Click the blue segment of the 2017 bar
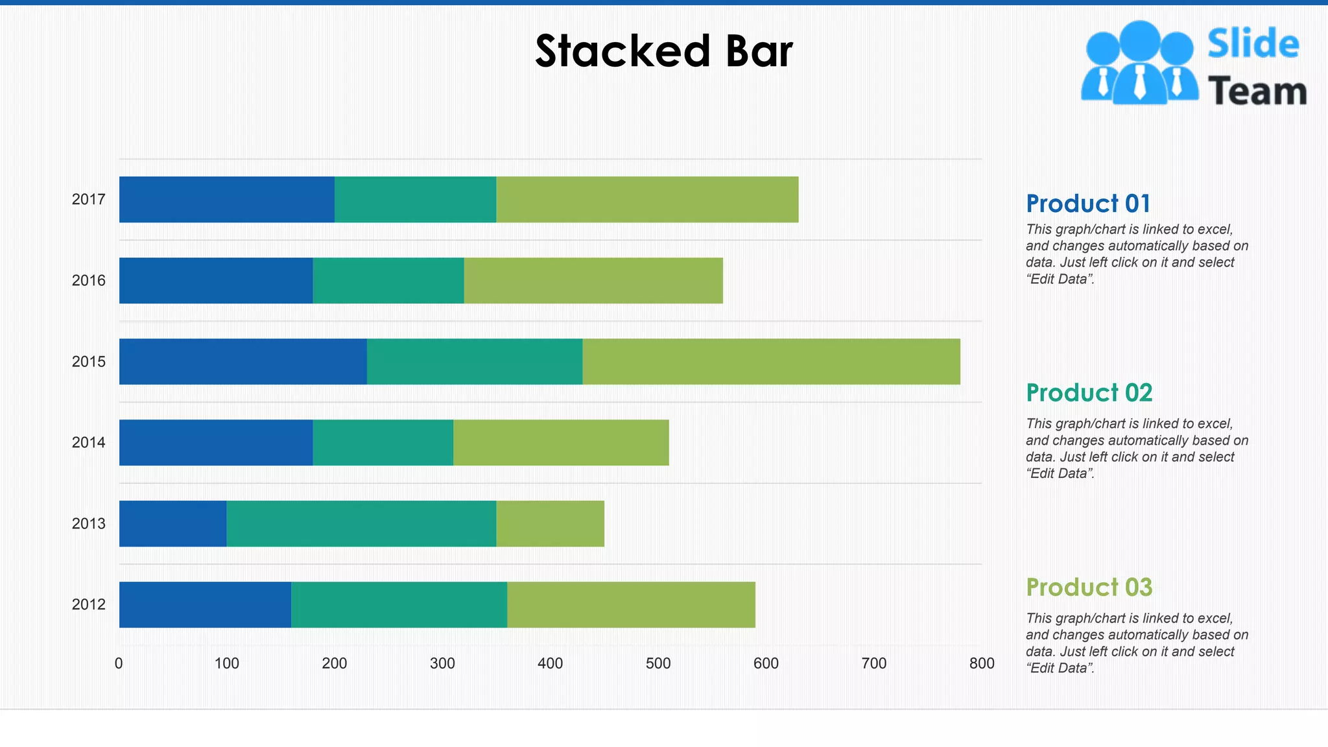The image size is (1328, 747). (x=226, y=199)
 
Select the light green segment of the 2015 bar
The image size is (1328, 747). (x=770, y=361)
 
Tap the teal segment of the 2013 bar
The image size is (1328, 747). (x=361, y=523)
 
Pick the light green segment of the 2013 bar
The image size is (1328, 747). (x=550, y=523)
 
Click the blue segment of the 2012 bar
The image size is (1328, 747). (x=205, y=604)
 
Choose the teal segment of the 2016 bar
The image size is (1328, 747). (x=388, y=280)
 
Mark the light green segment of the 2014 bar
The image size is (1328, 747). (x=560, y=442)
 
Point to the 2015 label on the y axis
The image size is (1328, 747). (x=88, y=362)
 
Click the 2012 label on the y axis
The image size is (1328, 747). (x=88, y=604)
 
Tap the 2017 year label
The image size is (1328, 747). (x=88, y=200)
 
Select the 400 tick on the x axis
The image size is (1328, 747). (x=550, y=663)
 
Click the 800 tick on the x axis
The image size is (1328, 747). (x=981, y=663)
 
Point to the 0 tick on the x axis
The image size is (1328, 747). (x=119, y=663)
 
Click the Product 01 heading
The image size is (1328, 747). (x=1087, y=204)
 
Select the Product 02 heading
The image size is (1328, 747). (x=1089, y=393)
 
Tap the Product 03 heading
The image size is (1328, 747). (x=1089, y=587)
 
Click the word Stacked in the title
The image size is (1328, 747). (x=622, y=51)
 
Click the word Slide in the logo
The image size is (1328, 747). (x=1253, y=44)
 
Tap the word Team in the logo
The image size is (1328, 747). (x=1257, y=91)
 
